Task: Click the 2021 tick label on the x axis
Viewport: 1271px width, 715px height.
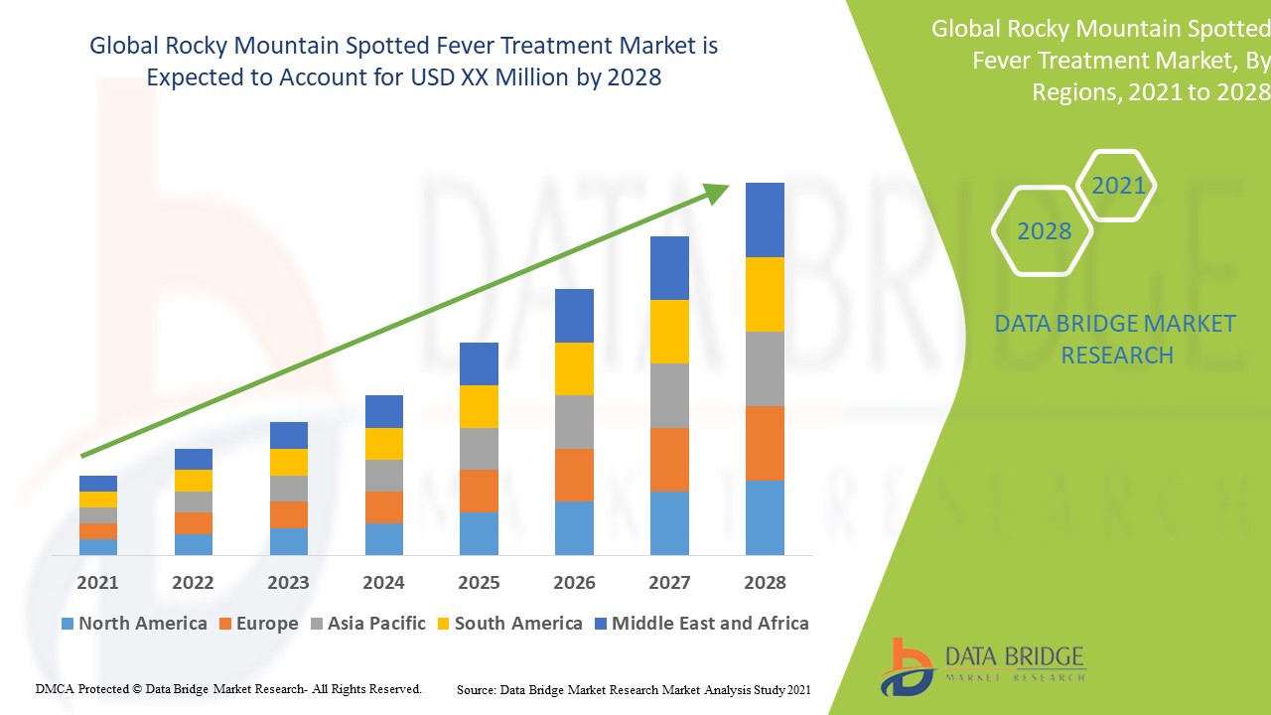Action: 97,582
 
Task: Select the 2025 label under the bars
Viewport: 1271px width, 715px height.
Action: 479,582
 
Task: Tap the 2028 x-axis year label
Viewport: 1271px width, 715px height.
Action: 765,582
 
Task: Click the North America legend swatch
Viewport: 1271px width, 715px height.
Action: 68,624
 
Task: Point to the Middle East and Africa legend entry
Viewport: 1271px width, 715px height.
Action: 701,624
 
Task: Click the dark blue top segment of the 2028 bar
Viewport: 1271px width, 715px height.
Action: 765,219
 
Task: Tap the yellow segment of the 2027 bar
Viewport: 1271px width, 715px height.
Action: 669,332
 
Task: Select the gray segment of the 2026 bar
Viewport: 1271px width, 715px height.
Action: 574,422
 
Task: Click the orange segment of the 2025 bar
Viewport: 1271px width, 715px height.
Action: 479,491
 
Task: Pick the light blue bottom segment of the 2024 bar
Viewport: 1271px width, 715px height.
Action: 383,538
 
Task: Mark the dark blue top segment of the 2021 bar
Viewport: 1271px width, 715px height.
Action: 97,484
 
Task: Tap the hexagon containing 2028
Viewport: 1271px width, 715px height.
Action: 1043,231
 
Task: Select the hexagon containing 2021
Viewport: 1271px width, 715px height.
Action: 1117,186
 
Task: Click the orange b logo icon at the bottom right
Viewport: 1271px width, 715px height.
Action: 906,666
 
